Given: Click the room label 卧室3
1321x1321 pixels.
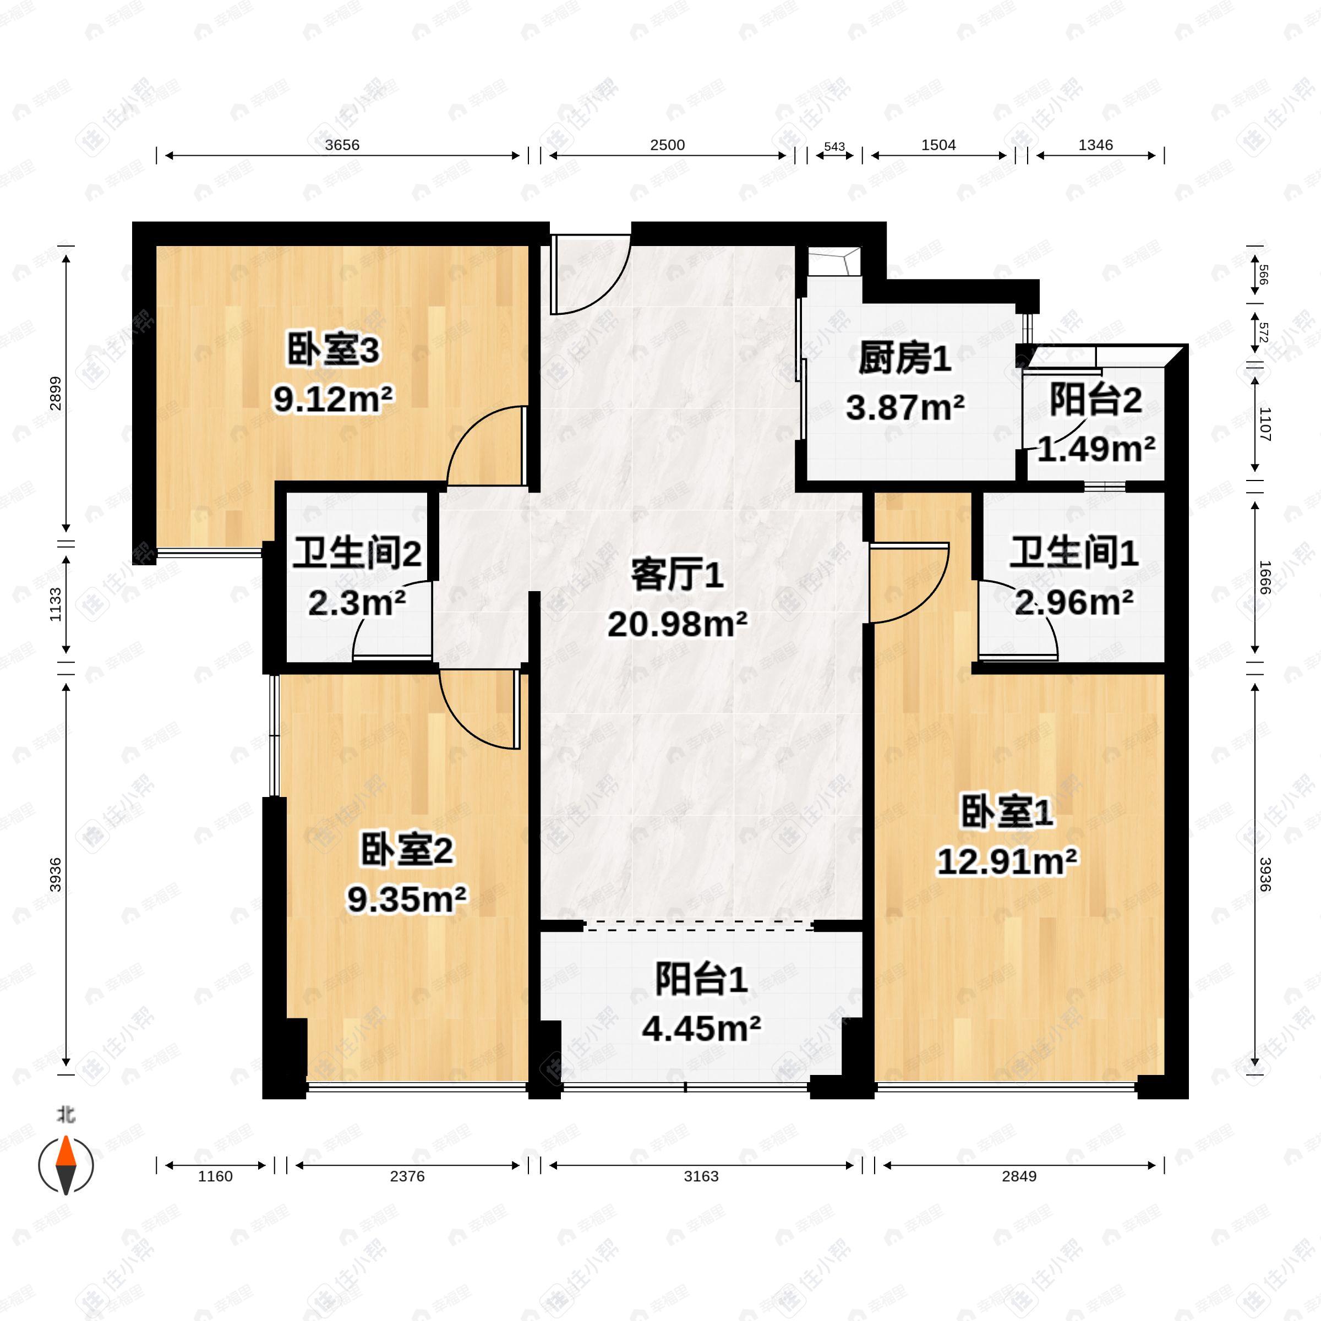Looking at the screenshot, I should tap(332, 352).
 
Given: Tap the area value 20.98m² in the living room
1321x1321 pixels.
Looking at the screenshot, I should tap(677, 624).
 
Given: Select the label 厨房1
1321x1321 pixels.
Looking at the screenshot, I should tap(904, 358).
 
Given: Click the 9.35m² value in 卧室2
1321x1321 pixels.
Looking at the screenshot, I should tap(407, 899).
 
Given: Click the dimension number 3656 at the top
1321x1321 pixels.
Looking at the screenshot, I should tap(342, 145).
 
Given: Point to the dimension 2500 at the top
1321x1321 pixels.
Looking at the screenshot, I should tap(667, 145).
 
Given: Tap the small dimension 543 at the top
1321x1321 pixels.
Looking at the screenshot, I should tap(834, 147).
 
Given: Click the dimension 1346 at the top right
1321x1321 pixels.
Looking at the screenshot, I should tap(1095, 145).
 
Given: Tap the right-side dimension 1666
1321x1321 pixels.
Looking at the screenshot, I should tap(1264, 578).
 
